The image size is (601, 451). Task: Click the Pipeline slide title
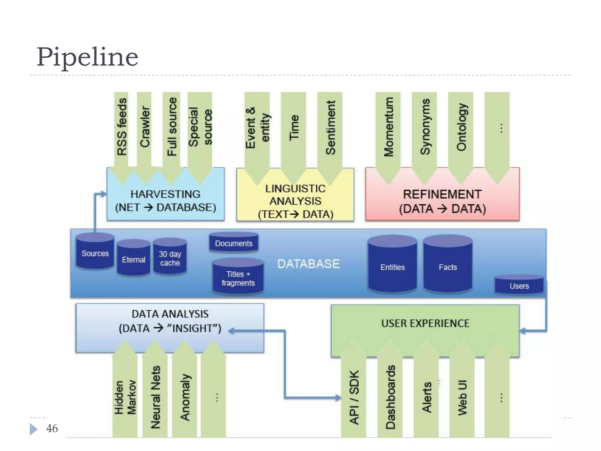pos(87,57)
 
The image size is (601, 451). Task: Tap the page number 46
pos(52,428)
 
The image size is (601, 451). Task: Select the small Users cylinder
pos(519,286)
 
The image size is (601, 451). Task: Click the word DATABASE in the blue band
pos(308,264)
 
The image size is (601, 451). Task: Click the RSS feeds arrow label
pos(122,127)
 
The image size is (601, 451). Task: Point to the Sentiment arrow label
pos(330,127)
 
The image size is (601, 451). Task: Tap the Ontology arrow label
pos(461,127)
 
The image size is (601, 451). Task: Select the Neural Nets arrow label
pos(155,397)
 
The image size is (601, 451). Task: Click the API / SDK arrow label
pos(354,397)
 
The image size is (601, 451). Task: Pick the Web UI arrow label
pos(462,398)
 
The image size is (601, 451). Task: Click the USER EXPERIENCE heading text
pos(425,323)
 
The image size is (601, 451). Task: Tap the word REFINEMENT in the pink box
pos(442,194)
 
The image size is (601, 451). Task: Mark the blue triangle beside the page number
pos(33,429)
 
